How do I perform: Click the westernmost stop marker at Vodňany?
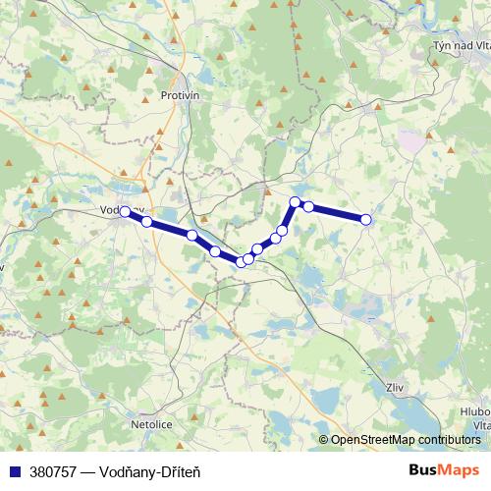[125, 211]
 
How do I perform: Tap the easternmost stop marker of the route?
[366, 220]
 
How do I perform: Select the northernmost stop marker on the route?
[295, 202]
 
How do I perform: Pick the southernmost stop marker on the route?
[241, 261]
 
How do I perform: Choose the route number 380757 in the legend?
[55, 472]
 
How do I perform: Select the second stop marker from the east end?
[308, 206]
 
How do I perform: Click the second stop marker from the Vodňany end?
[146, 222]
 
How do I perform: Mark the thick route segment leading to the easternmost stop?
[338, 213]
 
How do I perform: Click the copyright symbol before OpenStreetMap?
[323, 440]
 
